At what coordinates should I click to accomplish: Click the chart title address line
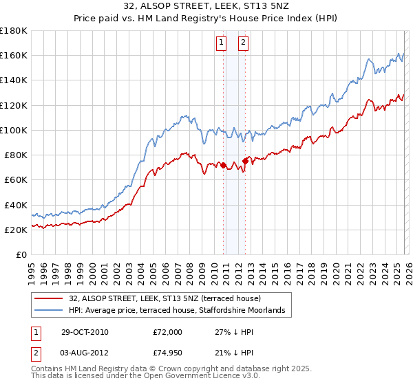click(x=206, y=8)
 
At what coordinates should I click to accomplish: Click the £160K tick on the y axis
click(x=14, y=55)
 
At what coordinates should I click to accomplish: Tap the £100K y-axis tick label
click(x=14, y=130)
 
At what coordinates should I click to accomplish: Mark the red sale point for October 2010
click(x=223, y=165)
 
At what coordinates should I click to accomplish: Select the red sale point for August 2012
click(x=245, y=162)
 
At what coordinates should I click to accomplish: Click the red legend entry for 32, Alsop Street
click(x=165, y=298)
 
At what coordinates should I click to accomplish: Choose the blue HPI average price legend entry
click(x=181, y=311)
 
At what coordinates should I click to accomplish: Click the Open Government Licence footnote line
click(x=145, y=377)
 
